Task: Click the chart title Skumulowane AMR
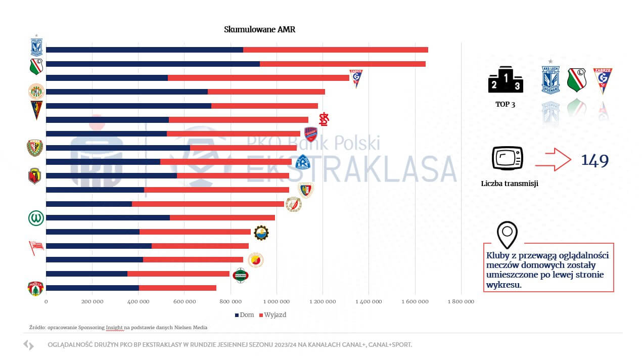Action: [x=259, y=29]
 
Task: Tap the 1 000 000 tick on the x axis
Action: [x=276, y=302]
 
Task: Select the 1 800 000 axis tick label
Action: [x=461, y=302]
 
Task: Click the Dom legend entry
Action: [x=245, y=314]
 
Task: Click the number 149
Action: [x=594, y=161]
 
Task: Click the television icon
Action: [x=507, y=159]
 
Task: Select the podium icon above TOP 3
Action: [x=505, y=79]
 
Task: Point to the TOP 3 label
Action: [x=505, y=104]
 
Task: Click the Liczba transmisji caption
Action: [x=510, y=184]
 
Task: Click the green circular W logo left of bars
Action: [x=36, y=218]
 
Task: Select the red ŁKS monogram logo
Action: [x=324, y=119]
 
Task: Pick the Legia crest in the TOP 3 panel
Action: [x=576, y=80]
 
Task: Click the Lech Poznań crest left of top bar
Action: [x=36, y=47]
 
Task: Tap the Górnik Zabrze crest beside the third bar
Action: [x=356, y=78]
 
